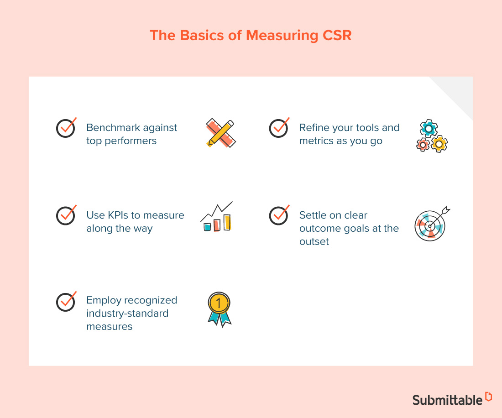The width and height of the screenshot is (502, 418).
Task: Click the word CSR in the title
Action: coord(335,36)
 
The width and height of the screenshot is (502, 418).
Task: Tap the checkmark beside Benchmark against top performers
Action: coord(66,128)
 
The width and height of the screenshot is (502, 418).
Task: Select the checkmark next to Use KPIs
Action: coord(66,215)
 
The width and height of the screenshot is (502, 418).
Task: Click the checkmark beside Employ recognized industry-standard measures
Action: coord(66,302)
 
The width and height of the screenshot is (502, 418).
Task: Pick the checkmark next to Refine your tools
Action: coord(278,128)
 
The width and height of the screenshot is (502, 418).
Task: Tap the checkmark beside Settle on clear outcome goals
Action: coord(278,215)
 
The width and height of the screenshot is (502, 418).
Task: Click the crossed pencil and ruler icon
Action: coord(220,133)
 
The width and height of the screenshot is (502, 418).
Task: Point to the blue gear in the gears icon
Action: coord(429,129)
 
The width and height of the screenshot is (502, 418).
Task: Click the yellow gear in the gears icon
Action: coord(439,144)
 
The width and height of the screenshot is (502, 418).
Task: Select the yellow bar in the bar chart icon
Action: coord(227,222)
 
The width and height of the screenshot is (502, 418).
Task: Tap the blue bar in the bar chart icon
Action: coord(207,226)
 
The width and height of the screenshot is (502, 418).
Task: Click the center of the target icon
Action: coord(429,225)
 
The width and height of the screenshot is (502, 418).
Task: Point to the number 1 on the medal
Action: coord(219,303)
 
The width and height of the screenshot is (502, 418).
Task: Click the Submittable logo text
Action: coord(447,400)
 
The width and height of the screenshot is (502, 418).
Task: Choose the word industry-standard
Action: coord(127,313)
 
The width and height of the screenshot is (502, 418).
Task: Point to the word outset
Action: coord(314,241)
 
